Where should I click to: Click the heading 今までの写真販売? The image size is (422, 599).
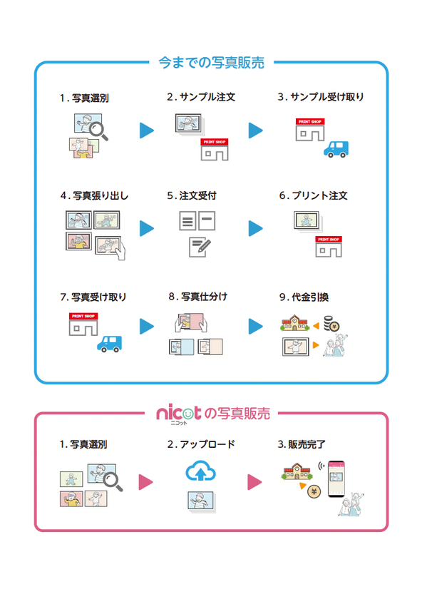211,63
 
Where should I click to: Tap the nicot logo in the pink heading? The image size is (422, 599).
178,414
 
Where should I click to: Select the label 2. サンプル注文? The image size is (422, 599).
201,97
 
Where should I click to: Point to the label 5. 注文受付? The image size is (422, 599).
192,195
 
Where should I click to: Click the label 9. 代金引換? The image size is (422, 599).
304,297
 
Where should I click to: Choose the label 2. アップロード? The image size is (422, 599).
201,444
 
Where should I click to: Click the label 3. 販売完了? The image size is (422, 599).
302,444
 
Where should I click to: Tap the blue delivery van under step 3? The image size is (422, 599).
336,149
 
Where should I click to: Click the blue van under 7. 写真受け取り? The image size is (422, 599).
109,344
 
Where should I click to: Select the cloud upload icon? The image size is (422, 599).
200,471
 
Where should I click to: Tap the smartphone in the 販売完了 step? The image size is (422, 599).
336,478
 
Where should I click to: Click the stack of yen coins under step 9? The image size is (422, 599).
331,324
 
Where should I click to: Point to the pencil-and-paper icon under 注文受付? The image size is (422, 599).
200,247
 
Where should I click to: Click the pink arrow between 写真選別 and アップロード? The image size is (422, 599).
145,482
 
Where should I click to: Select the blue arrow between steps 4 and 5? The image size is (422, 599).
147,228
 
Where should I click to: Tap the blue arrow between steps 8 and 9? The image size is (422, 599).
255,327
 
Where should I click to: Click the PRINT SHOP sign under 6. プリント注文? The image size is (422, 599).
329,239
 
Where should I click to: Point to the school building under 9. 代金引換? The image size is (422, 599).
294,323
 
